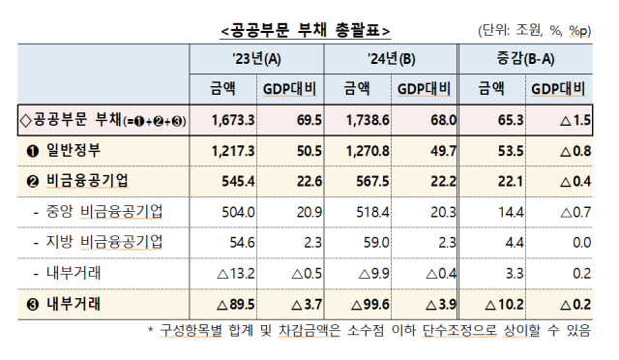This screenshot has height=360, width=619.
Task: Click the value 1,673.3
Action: coord(230,120)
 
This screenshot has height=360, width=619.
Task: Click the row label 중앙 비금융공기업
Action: coord(105,212)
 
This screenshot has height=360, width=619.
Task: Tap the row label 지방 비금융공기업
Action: coord(105,242)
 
